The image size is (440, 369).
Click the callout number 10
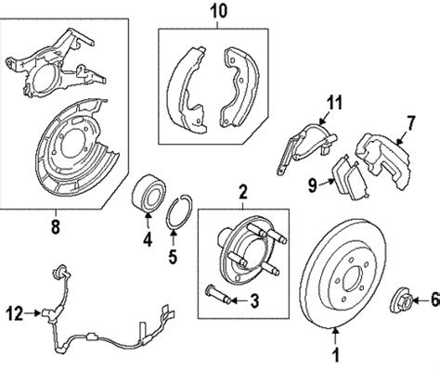click(x=218, y=11)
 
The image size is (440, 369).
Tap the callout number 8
click(x=55, y=227)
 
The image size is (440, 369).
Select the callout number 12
click(x=15, y=313)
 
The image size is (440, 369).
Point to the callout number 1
click(x=335, y=354)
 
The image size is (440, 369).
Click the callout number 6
click(x=435, y=299)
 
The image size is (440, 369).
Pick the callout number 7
click(x=410, y=123)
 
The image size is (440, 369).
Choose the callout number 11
click(x=334, y=103)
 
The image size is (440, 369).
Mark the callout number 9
click(x=313, y=185)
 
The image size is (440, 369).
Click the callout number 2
click(x=243, y=192)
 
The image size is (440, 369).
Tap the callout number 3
click(x=254, y=300)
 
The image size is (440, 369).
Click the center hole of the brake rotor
click(x=354, y=279)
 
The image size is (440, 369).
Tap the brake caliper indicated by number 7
click(x=383, y=161)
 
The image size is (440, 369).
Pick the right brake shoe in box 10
click(x=239, y=88)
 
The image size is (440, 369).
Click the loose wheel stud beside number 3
click(x=218, y=293)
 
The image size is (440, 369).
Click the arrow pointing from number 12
click(x=32, y=313)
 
